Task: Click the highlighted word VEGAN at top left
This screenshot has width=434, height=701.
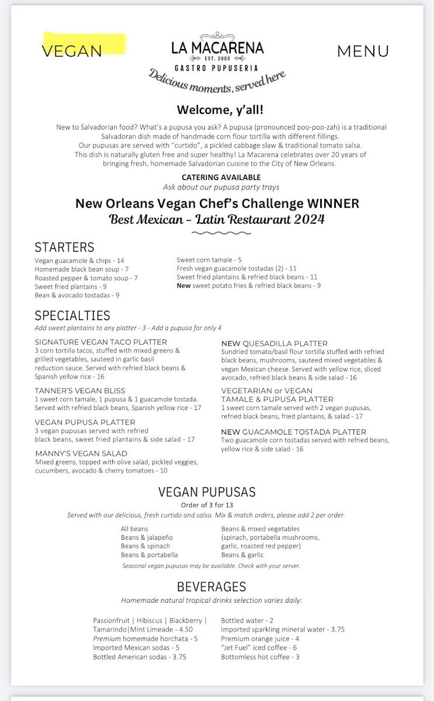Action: point(72,51)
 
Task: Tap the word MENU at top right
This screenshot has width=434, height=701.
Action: point(363,51)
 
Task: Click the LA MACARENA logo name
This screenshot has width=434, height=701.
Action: point(217,48)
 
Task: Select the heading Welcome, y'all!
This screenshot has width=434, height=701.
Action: point(216,110)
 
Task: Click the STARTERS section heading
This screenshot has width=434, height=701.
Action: point(64,247)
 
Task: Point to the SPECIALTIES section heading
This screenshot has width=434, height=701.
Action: point(72,316)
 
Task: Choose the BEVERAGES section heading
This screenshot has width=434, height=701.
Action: point(211,587)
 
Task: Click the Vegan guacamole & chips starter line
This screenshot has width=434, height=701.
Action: point(79,261)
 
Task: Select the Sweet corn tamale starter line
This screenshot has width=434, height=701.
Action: point(209,261)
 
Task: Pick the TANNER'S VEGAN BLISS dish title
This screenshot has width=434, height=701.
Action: point(80,391)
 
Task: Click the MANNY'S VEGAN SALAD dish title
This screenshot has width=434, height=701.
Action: point(81,453)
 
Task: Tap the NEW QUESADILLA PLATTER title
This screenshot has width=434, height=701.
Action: point(274,343)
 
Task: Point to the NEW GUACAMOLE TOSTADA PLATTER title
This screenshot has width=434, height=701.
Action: point(294,432)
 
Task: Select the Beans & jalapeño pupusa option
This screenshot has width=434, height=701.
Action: point(147,537)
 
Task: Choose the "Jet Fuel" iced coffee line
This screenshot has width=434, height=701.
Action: point(259,648)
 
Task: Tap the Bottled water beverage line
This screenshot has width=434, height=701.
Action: point(247,621)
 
